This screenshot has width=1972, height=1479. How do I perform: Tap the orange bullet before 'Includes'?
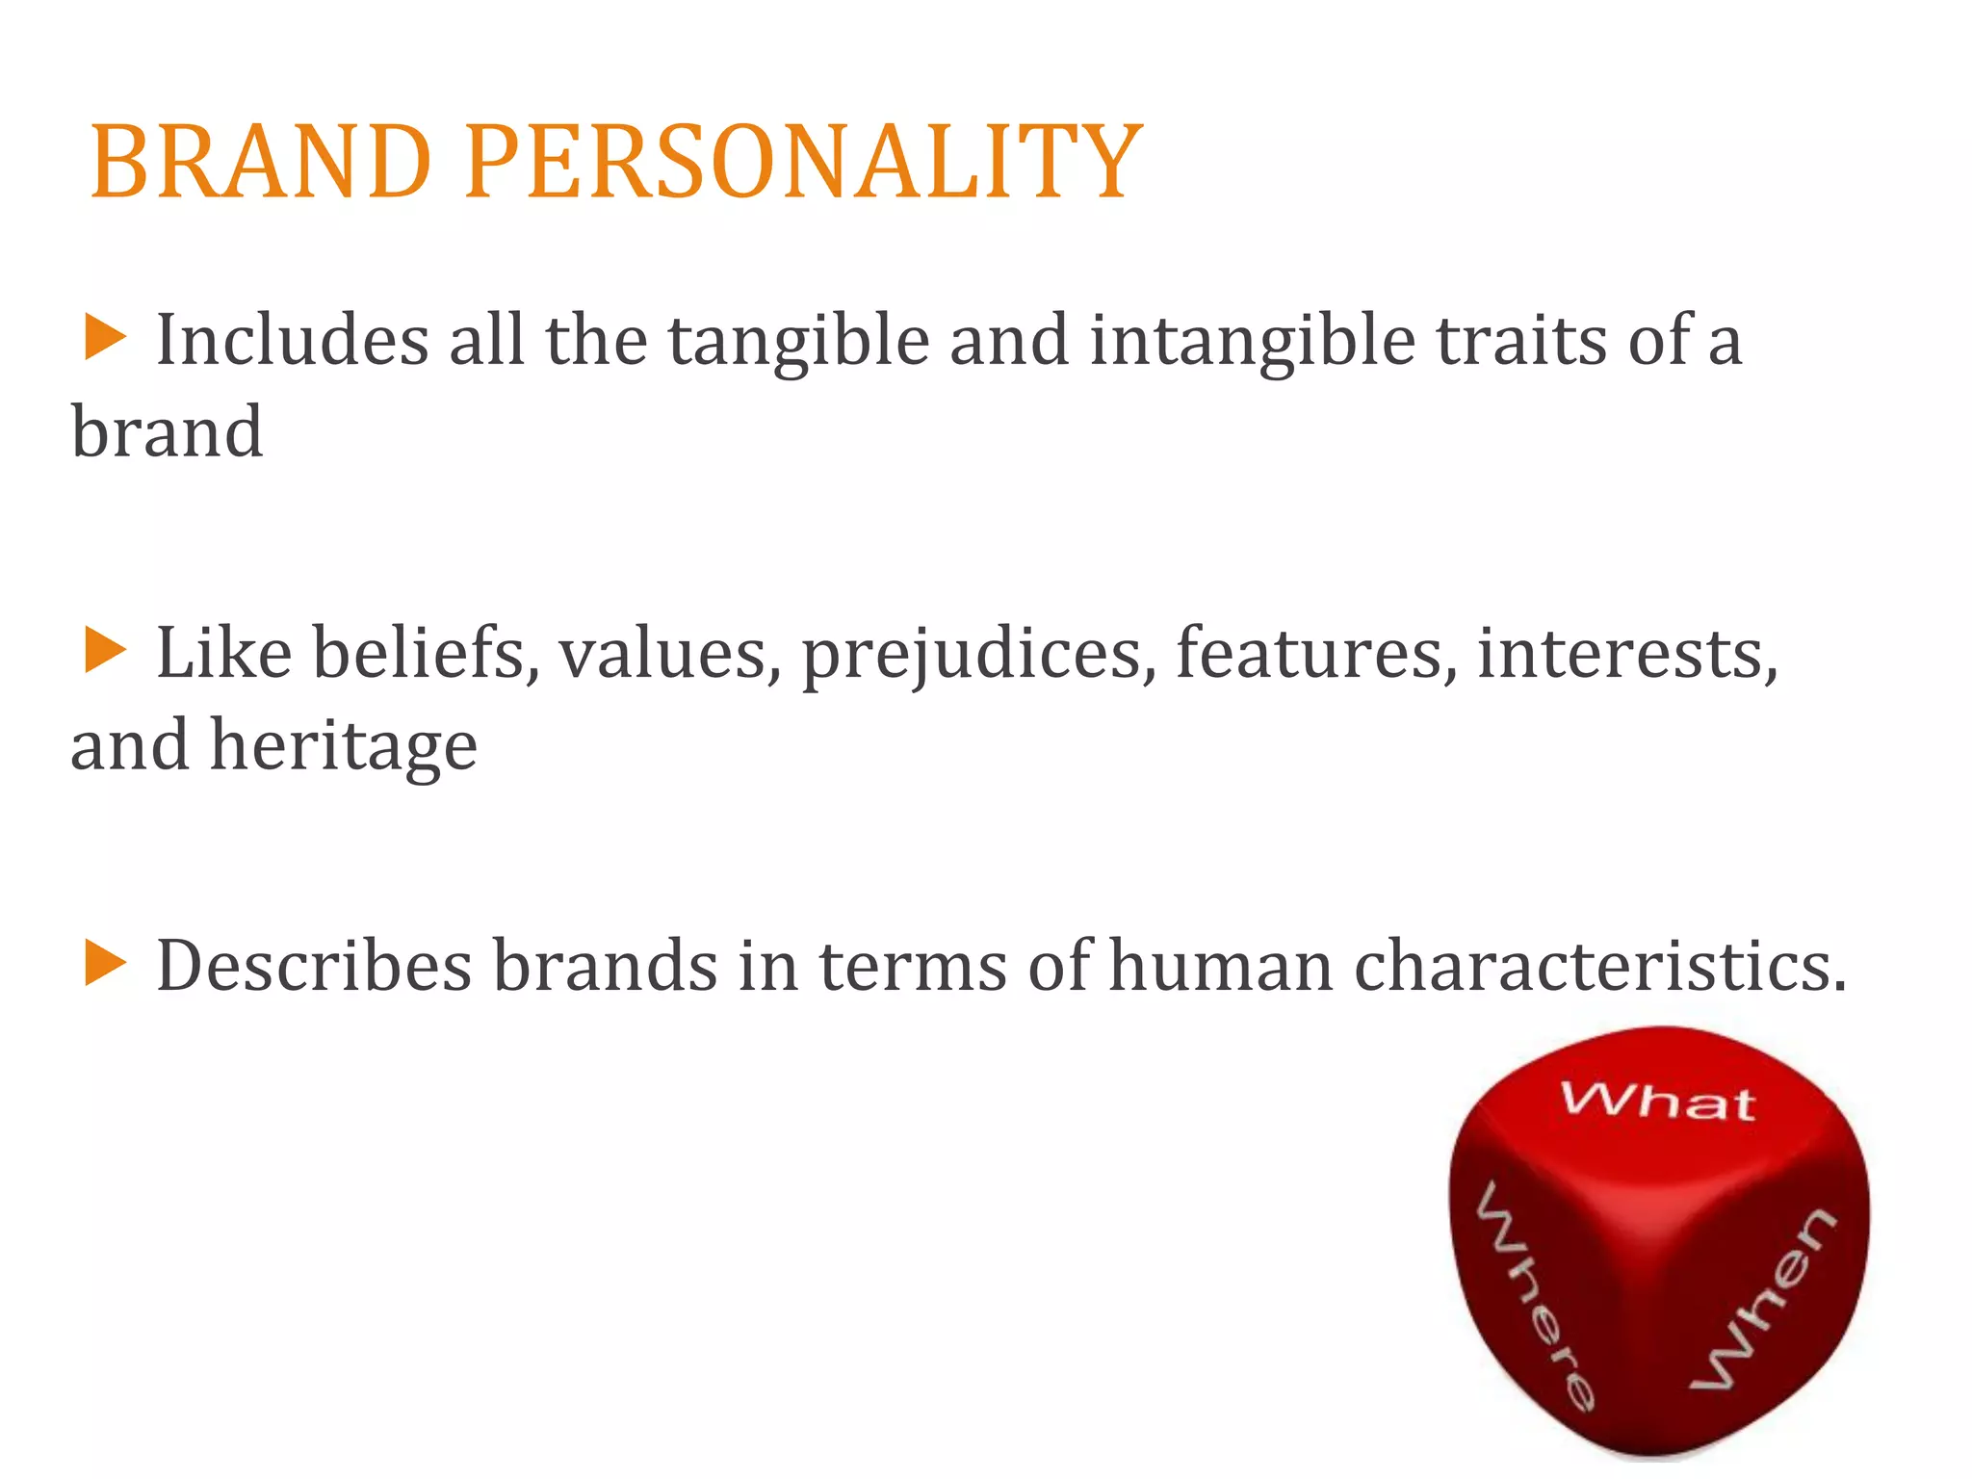point(104,339)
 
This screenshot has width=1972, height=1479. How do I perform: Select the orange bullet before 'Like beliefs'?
point(104,651)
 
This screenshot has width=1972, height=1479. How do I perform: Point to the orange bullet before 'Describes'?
point(104,963)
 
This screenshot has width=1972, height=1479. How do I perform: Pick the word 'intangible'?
point(1252,343)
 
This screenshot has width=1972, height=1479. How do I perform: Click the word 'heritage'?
point(344,747)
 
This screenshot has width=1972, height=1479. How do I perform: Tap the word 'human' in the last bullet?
point(1221,966)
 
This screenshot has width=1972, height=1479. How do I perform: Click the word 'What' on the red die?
point(1658,1100)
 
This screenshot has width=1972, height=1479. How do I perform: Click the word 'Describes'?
point(314,966)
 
